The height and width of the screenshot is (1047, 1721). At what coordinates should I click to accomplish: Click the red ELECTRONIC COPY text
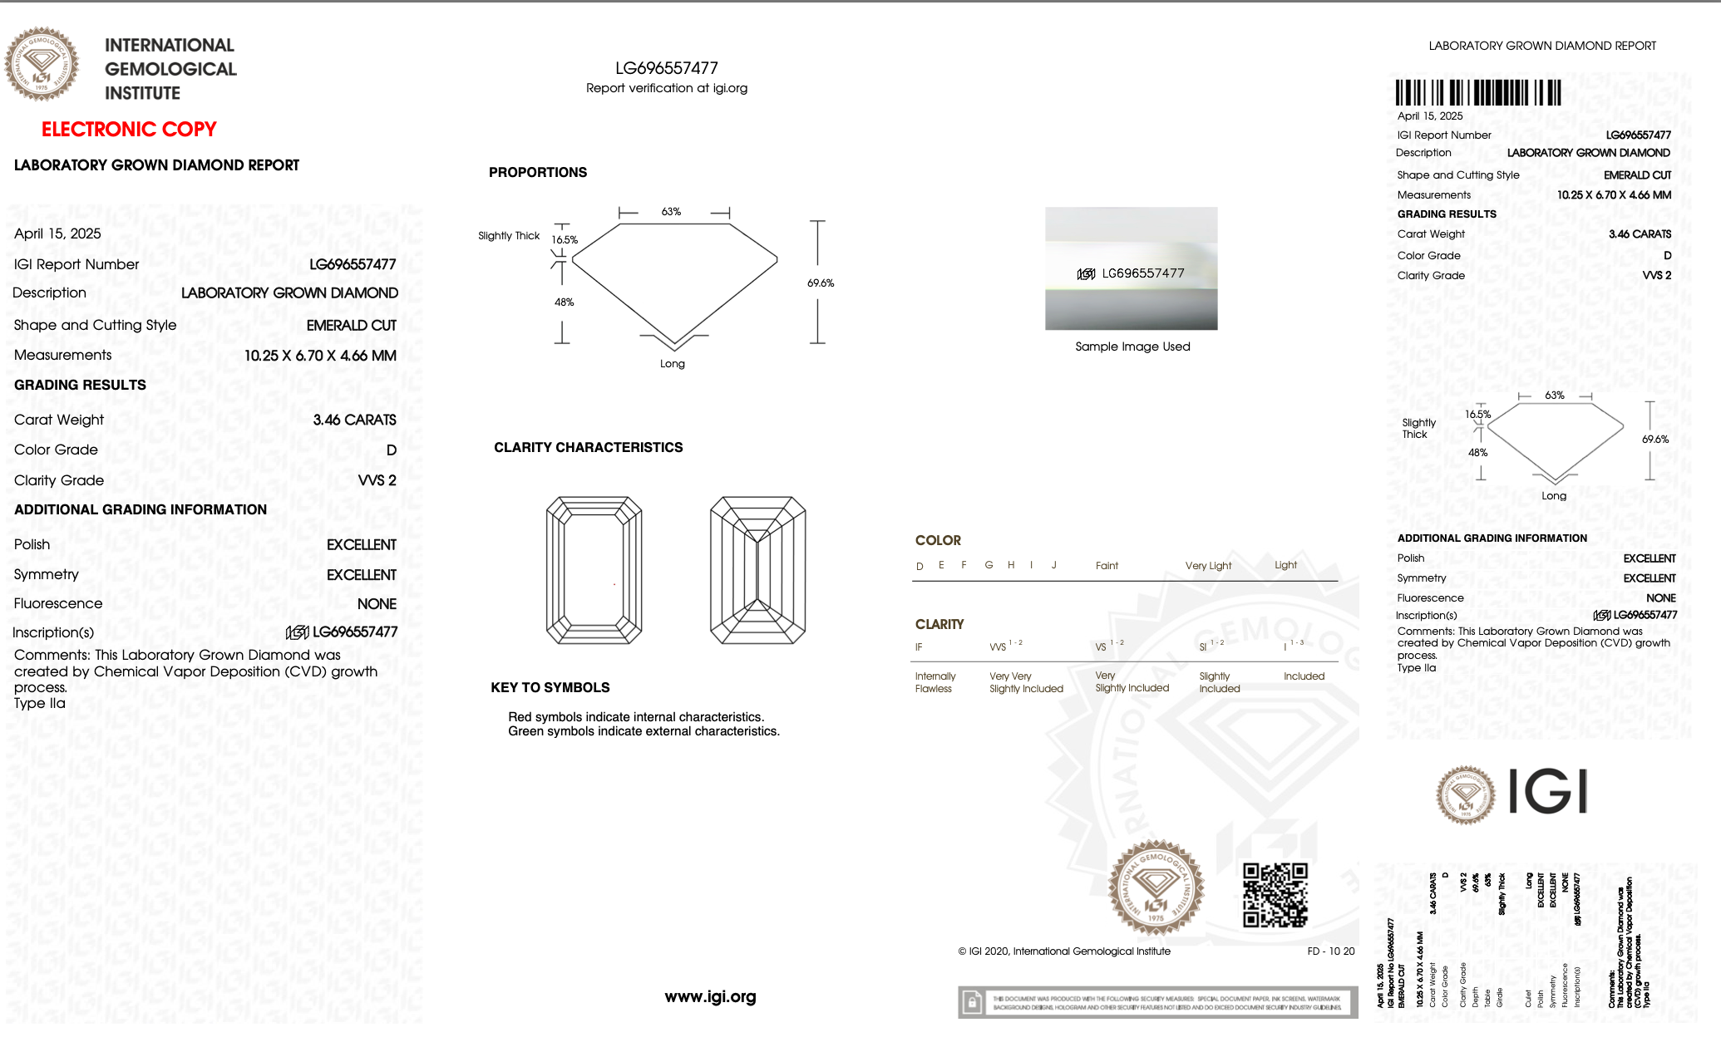[x=129, y=130]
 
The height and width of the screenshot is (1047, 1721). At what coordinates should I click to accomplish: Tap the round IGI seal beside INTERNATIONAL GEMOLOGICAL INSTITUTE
[x=42, y=64]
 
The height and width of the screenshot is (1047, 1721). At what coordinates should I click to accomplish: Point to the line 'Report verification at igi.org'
[x=666, y=88]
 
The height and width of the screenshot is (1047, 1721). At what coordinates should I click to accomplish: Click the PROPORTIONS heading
[x=537, y=173]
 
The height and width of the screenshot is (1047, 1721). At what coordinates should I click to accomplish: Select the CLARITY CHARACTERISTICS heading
[x=588, y=448]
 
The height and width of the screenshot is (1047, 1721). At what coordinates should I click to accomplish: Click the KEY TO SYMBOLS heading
[x=550, y=688]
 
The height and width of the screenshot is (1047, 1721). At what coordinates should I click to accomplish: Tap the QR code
[x=1275, y=895]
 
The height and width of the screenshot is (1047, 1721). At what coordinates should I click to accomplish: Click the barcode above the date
[x=1477, y=92]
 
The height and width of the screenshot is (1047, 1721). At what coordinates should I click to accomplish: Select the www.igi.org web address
[x=710, y=997]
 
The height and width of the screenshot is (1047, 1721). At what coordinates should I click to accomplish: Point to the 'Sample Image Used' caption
[x=1132, y=347]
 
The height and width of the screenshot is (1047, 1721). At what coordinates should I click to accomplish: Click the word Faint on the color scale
[x=1107, y=566]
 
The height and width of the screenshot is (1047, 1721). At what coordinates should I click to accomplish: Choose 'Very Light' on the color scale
[x=1208, y=566]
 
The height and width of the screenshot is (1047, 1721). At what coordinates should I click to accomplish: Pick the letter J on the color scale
[x=1053, y=565]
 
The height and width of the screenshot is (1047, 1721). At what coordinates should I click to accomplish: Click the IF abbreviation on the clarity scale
[x=919, y=647]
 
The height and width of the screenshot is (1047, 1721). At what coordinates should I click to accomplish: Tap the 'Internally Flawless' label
[x=934, y=682]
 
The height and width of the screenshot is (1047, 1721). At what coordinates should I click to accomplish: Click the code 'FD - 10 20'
[x=1330, y=951]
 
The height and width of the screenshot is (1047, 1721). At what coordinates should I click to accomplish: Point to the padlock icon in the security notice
[x=971, y=1003]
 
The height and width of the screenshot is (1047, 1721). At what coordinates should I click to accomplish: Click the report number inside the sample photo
[x=1142, y=273]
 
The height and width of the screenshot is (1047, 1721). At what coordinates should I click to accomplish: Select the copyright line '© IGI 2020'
[x=1063, y=951]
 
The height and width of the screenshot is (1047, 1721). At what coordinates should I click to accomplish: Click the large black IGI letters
[x=1546, y=792]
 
